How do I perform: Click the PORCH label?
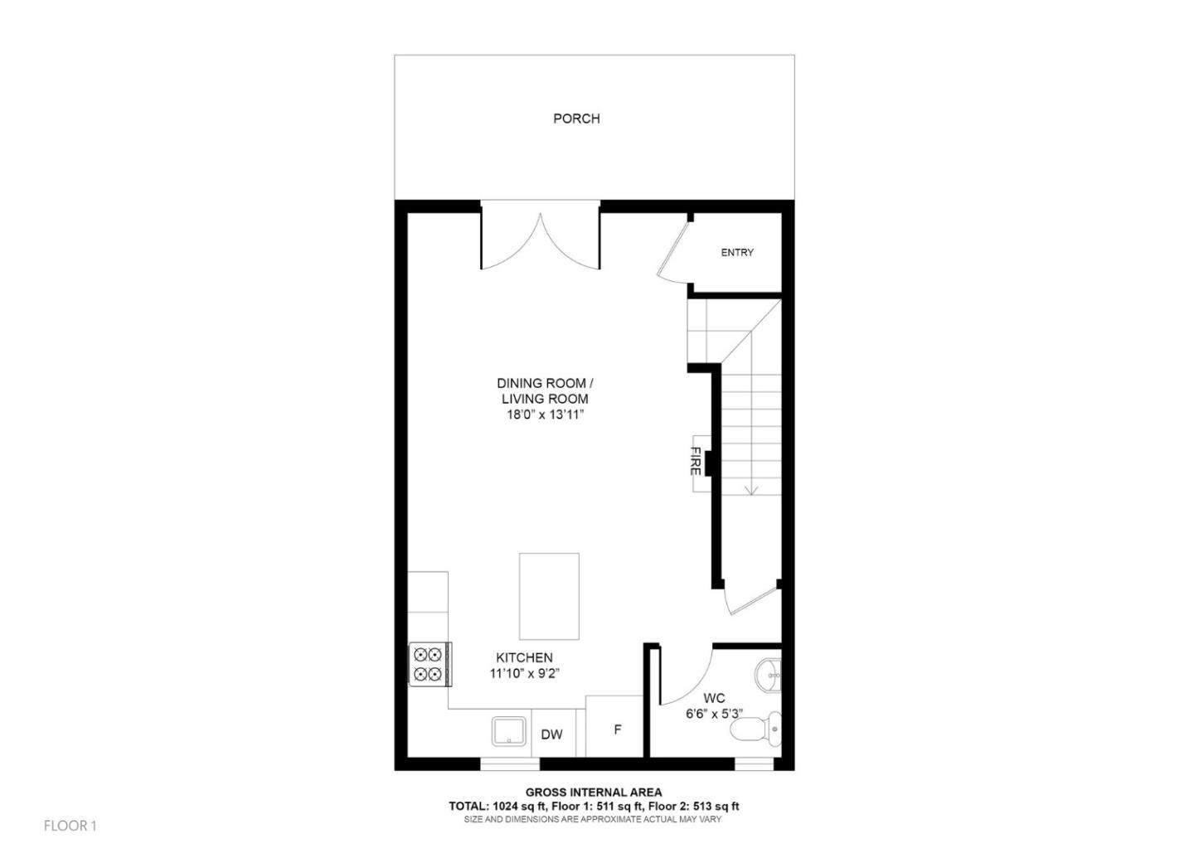pyautogui.click(x=576, y=119)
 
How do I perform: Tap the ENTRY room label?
pyautogui.click(x=737, y=253)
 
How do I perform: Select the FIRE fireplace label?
pyautogui.click(x=696, y=461)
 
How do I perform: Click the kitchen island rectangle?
pyautogui.click(x=549, y=596)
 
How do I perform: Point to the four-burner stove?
pyautogui.click(x=430, y=664)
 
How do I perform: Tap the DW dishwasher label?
pyautogui.click(x=551, y=734)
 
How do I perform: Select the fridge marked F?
pyautogui.click(x=616, y=730)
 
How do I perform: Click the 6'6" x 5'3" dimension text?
pyautogui.click(x=713, y=713)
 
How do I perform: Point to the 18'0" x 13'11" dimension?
pyautogui.click(x=545, y=414)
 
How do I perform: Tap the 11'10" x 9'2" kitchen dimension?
pyautogui.click(x=524, y=673)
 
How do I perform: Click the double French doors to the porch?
pyautogui.click(x=541, y=240)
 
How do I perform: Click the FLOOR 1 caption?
pyautogui.click(x=70, y=826)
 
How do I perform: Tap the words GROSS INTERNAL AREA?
pyautogui.click(x=594, y=792)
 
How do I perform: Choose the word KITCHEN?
pyautogui.click(x=524, y=657)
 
